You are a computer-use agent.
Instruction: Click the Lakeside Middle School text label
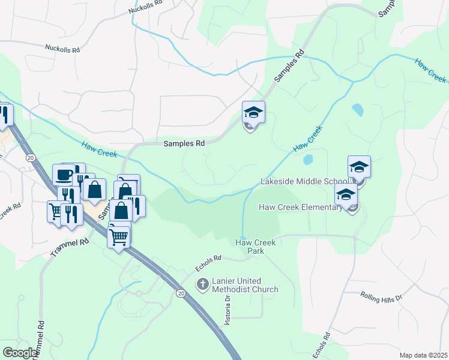(304, 181)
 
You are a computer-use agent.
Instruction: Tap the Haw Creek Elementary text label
(300, 207)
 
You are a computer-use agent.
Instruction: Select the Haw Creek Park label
(256, 247)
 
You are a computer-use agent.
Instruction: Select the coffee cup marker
(64, 175)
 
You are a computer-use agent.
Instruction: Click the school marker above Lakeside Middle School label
(359, 167)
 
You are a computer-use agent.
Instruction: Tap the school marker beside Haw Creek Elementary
(346, 194)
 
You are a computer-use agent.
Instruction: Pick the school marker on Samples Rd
(253, 112)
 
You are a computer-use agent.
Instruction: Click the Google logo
(19, 353)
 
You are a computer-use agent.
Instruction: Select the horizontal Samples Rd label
(184, 143)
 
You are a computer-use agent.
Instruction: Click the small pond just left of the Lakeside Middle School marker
(309, 160)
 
